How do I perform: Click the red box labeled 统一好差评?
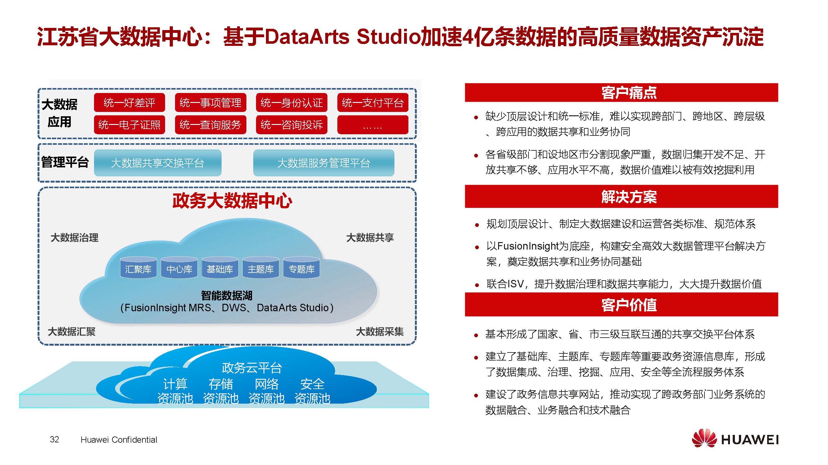(x=129, y=102)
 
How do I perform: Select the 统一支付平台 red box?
(x=372, y=102)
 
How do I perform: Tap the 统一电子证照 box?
(x=129, y=125)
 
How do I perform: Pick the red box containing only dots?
(x=372, y=125)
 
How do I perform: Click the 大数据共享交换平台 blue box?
(x=158, y=163)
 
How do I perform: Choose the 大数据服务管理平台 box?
(x=324, y=163)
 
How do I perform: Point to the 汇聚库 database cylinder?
(x=138, y=267)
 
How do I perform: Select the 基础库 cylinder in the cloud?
(x=220, y=267)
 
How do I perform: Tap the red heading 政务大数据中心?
(x=232, y=201)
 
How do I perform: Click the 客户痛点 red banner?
(x=621, y=92)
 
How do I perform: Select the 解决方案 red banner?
(x=621, y=196)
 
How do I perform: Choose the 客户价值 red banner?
(x=621, y=304)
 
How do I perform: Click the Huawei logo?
(x=735, y=438)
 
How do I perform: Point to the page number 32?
(x=54, y=439)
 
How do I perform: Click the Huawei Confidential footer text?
(x=119, y=440)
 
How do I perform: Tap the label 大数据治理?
(x=74, y=238)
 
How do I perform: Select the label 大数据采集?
(x=380, y=331)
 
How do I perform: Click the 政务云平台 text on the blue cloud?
(x=252, y=368)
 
